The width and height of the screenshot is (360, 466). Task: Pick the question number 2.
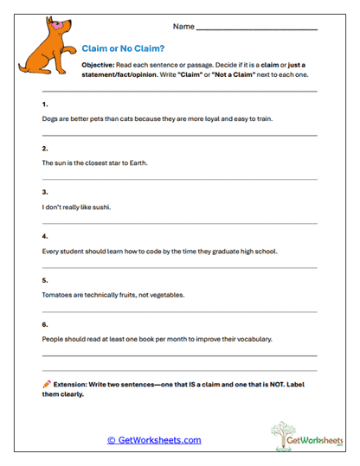tap(44, 148)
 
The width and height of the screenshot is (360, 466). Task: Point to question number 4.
tap(44, 236)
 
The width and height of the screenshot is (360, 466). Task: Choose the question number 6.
tap(44, 324)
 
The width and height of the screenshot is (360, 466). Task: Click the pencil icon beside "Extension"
tap(46, 383)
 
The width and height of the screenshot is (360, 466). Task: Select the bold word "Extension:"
tap(73, 383)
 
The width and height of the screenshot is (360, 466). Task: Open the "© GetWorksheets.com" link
tap(154, 439)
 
